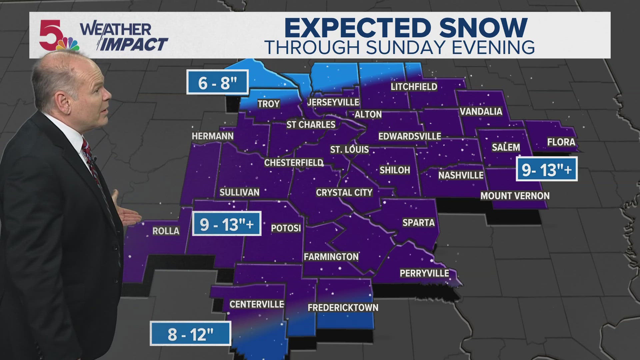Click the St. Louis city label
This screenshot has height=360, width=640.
(349, 149)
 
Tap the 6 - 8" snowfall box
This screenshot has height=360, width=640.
(217, 82)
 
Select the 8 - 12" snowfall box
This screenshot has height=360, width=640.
(190, 333)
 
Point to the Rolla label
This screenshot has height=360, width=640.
(166, 231)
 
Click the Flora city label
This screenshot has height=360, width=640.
(561, 142)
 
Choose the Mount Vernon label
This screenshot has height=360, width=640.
(515, 196)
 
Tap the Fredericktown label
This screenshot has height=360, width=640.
(343, 307)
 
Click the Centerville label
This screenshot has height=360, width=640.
(257, 304)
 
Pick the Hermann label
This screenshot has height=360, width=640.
(212, 136)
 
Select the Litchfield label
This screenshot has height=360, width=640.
(414, 87)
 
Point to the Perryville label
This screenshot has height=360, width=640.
(424, 273)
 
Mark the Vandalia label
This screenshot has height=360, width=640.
(481, 111)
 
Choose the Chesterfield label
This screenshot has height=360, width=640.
(294, 163)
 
